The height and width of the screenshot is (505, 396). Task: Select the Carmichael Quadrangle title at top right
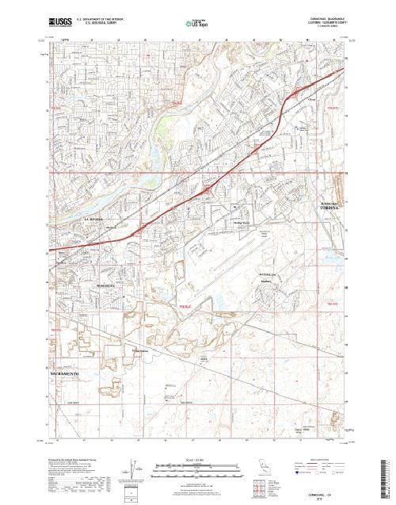tap(322, 18)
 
